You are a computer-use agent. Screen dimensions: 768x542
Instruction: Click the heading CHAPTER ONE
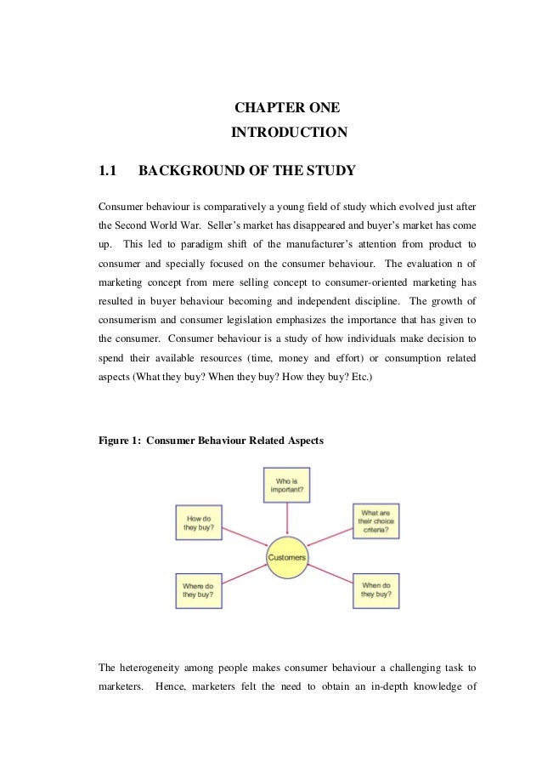[288, 108]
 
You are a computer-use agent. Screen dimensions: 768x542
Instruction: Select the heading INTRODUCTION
[289, 133]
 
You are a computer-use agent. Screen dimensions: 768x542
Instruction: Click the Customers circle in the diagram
[288, 558]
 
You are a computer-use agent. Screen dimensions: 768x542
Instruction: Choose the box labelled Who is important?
[289, 485]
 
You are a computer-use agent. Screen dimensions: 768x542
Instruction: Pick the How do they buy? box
[199, 521]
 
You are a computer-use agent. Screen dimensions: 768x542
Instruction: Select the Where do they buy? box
[199, 589]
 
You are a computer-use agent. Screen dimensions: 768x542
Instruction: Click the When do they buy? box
[376, 589]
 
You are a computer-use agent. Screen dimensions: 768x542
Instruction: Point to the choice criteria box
[376, 521]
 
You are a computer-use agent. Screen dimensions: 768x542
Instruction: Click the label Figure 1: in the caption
[120, 441]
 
